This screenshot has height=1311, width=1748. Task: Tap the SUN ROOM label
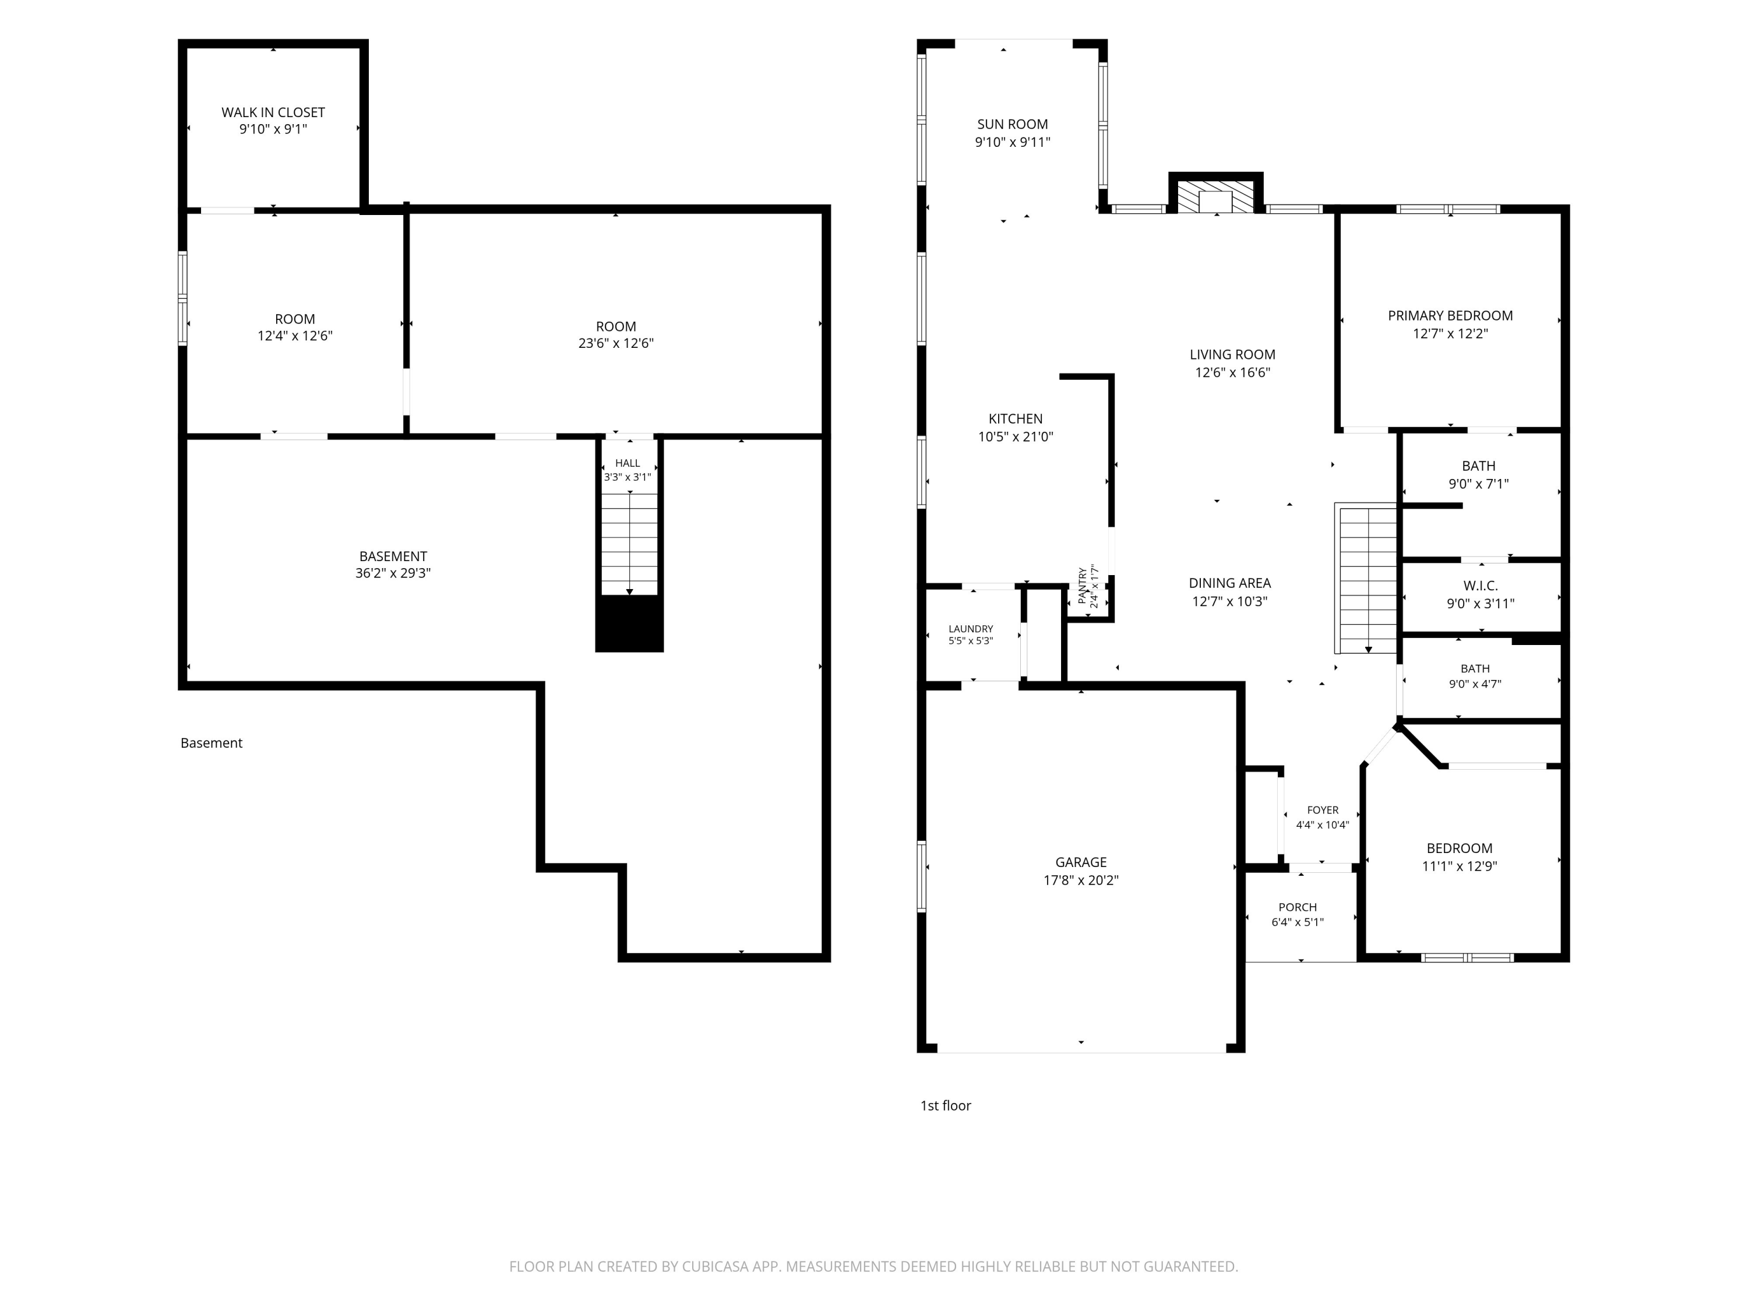click(x=1012, y=124)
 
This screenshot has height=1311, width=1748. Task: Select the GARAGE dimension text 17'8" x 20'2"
click(x=1081, y=880)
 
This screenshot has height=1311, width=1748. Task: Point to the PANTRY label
click(x=1083, y=586)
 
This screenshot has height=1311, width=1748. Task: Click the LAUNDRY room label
click(x=970, y=629)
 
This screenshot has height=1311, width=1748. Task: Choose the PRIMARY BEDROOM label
click(x=1450, y=315)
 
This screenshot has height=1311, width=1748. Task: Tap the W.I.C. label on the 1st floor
click(x=1480, y=586)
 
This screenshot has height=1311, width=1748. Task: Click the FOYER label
click(x=1323, y=810)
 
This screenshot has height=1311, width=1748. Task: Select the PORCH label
click(x=1298, y=907)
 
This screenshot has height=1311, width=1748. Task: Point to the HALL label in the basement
click(x=628, y=463)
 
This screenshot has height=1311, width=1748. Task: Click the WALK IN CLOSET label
click(x=273, y=112)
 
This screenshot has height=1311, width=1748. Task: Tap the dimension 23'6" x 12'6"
click(x=616, y=343)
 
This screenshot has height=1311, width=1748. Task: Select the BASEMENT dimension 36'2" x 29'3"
click(x=393, y=573)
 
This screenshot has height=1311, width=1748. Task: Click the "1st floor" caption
click(x=945, y=1105)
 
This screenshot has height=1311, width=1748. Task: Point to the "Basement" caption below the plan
click(x=211, y=743)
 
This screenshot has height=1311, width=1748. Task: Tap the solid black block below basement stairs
click(x=629, y=623)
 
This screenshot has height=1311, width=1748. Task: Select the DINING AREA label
click(x=1229, y=583)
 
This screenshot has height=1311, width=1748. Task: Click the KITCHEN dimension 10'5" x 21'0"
click(x=1016, y=436)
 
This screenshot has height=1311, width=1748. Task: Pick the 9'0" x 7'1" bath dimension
click(x=1479, y=484)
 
